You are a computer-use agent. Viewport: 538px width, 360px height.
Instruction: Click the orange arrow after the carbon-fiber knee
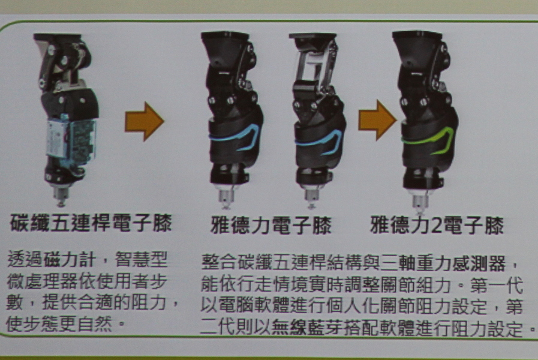pyautogui.click(x=144, y=121)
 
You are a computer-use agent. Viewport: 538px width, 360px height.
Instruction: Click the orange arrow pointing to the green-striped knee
pyautogui.click(x=377, y=120)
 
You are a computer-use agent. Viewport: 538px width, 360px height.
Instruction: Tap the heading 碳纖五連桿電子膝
pyautogui.click(x=91, y=223)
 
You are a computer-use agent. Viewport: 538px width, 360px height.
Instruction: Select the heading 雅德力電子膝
pyautogui.click(x=271, y=225)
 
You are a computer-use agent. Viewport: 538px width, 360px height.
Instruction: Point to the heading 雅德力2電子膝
pyautogui.click(x=437, y=225)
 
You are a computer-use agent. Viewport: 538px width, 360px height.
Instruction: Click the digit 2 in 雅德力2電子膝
pyautogui.click(x=437, y=226)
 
